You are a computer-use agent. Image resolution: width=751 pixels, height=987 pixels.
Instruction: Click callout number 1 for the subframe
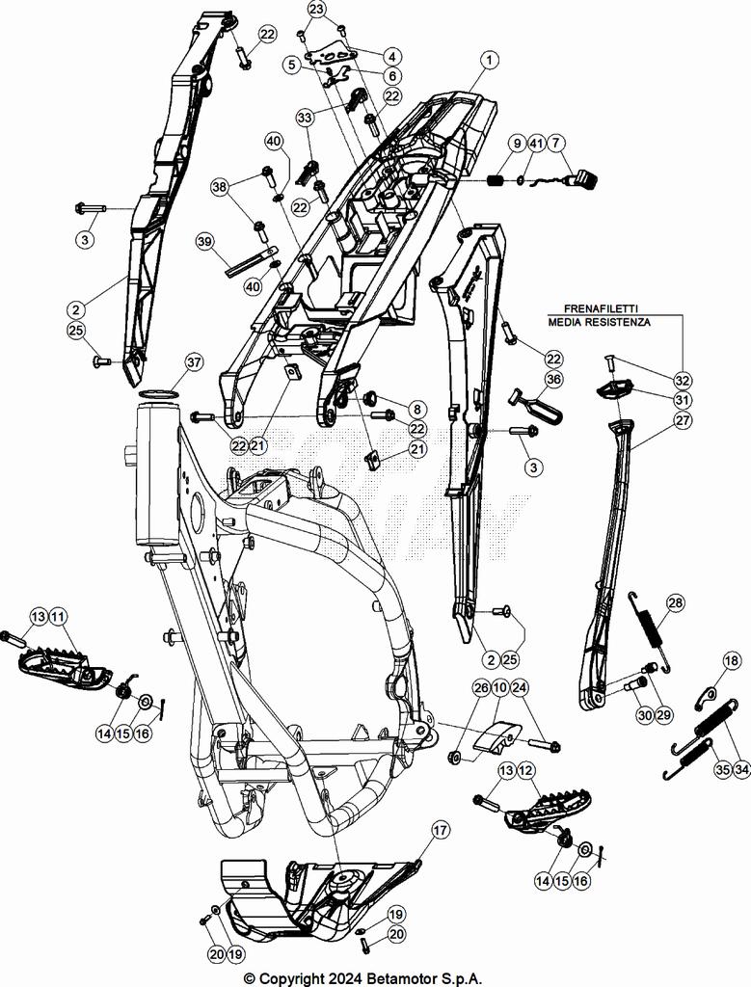491,60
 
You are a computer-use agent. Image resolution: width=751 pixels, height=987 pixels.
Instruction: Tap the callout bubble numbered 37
194,362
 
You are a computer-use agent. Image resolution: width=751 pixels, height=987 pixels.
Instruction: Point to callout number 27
683,420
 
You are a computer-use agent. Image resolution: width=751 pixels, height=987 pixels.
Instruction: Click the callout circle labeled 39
204,241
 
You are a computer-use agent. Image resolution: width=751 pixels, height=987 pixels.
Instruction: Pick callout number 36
552,380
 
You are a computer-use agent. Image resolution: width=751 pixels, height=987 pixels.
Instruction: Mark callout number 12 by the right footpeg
525,771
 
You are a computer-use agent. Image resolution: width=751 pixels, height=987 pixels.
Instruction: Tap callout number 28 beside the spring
675,603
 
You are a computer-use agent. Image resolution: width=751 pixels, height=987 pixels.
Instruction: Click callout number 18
732,660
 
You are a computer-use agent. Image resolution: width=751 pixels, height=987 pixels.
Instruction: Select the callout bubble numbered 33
305,118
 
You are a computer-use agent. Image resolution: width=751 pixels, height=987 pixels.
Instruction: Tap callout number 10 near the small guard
499,687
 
